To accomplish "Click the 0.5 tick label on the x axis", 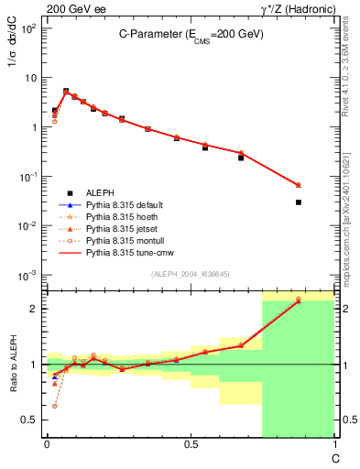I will coord(191,445).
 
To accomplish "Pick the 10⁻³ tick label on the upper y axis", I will coord(27,275).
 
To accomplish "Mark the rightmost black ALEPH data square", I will coord(299,202).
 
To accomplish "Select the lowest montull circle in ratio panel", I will coord(54,406).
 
